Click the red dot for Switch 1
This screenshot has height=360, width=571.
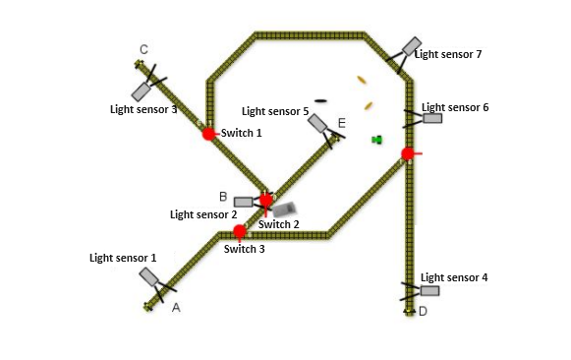pyautogui.click(x=208, y=134)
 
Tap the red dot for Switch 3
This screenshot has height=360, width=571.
pyautogui.click(x=240, y=232)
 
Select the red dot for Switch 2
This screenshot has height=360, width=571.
pyautogui.click(x=265, y=200)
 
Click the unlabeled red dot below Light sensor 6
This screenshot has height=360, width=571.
pyautogui.click(x=408, y=153)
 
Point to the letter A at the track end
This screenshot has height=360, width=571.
pyautogui.click(x=176, y=308)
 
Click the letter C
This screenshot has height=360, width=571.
pyautogui.click(x=143, y=49)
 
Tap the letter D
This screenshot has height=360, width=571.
pyautogui.click(x=423, y=312)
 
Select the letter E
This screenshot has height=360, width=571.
pyautogui.click(x=341, y=123)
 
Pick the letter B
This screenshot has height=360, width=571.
pyautogui.click(x=223, y=197)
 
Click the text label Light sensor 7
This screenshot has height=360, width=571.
pyautogui.click(x=448, y=54)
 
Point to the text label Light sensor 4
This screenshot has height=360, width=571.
pyautogui.click(x=454, y=277)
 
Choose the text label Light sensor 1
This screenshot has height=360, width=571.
pyautogui.click(x=123, y=258)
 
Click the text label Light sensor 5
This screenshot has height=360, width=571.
pyautogui.click(x=275, y=111)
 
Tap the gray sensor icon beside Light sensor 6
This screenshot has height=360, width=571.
pyautogui.click(x=431, y=118)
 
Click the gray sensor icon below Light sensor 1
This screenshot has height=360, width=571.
pyautogui.click(x=150, y=277)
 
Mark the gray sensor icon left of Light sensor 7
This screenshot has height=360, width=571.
pyautogui.click(x=412, y=46)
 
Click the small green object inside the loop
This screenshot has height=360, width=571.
pyautogui.click(x=376, y=140)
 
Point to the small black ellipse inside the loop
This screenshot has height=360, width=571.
pyautogui.click(x=320, y=100)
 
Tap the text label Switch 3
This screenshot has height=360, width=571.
pyautogui.click(x=245, y=249)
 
